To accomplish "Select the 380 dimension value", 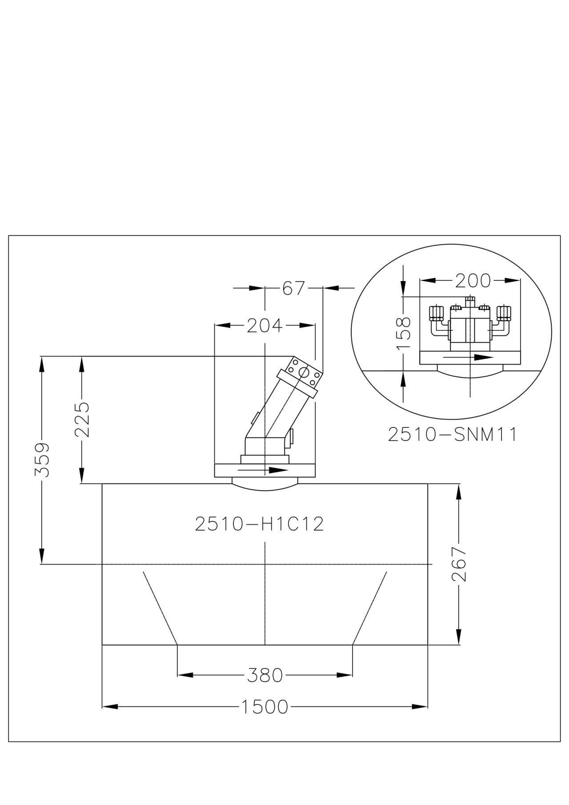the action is click(x=265, y=676).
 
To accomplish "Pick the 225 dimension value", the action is click(x=82, y=420).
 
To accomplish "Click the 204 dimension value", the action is click(x=265, y=326).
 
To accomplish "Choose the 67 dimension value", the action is click(x=294, y=289).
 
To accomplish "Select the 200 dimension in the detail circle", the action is click(x=473, y=281).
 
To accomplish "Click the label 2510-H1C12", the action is click(x=260, y=524).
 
